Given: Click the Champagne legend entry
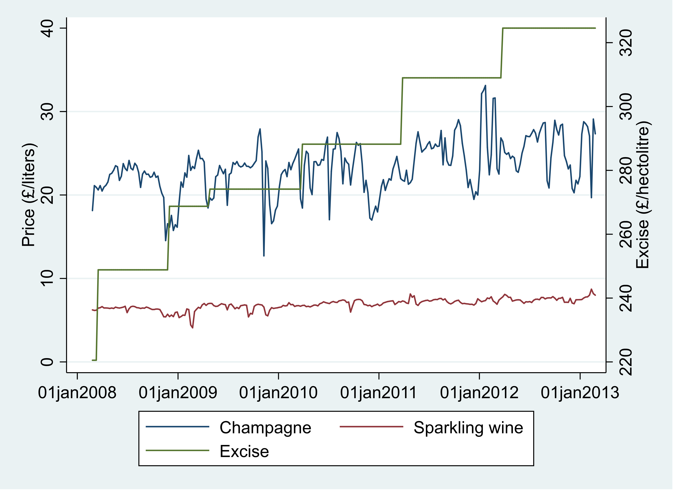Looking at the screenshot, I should [265, 428].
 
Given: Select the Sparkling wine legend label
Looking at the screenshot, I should [468, 428].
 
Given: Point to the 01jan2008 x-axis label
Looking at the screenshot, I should [77, 393].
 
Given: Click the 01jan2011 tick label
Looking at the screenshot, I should [378, 393].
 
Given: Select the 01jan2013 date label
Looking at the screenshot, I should [580, 393].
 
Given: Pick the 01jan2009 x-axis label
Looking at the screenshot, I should [178, 393].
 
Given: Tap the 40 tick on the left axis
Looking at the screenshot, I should [47, 28].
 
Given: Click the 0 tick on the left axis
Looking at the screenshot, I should [47, 362].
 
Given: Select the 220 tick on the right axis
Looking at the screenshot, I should [626, 362].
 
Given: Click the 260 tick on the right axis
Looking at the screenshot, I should [626, 234].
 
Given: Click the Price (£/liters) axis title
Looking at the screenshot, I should [29, 195].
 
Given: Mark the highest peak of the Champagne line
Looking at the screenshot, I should [485, 86].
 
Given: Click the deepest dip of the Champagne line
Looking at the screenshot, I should [264, 255].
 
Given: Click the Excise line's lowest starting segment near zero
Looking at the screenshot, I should [94, 360].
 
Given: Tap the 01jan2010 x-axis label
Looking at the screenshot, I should [278, 393].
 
